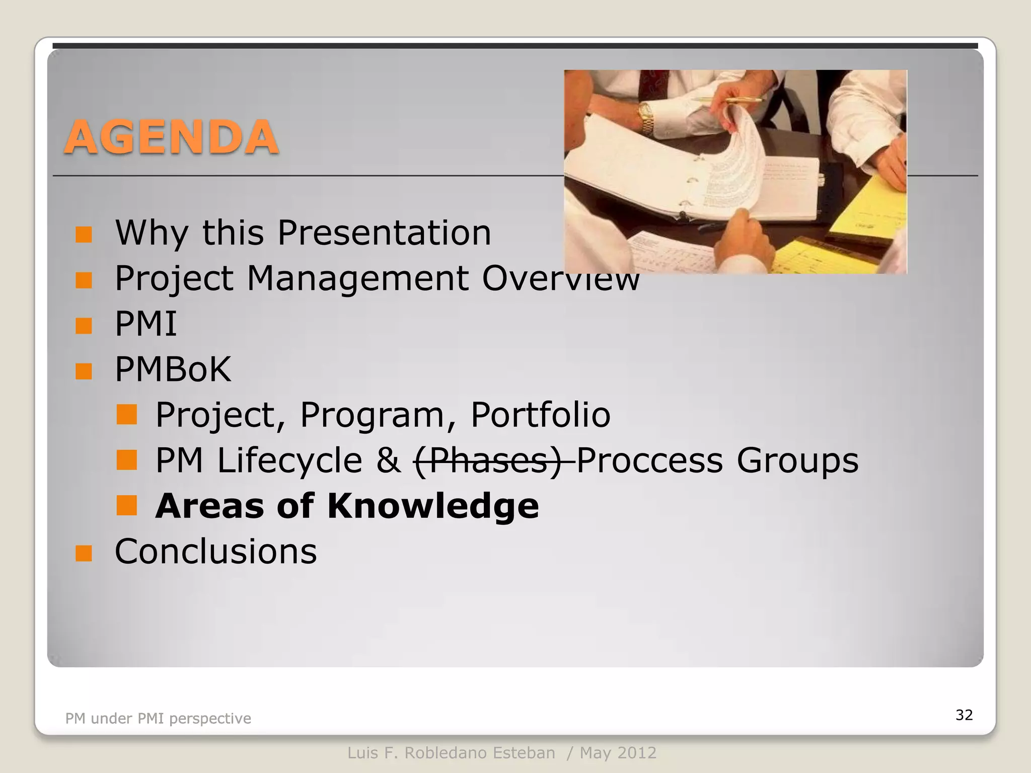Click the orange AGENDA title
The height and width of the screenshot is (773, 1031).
point(171,137)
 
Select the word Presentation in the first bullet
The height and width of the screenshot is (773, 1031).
point(384,233)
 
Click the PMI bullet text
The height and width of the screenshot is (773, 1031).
point(146,324)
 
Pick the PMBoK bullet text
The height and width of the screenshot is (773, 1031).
point(173,369)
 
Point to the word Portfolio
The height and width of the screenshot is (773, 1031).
point(540,415)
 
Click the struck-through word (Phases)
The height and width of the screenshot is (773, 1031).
point(487,460)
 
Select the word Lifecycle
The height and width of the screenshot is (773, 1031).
point(289,460)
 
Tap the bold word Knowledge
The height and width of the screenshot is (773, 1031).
point(433,506)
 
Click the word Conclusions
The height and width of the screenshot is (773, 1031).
point(216,552)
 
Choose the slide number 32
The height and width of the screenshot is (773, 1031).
point(964,715)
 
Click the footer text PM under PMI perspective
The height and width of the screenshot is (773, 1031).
point(158,718)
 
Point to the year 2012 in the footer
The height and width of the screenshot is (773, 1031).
point(637,753)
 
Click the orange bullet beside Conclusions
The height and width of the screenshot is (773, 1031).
point(84,553)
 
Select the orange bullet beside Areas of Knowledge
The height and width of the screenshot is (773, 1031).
point(126,506)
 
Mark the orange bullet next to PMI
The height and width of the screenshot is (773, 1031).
point(84,325)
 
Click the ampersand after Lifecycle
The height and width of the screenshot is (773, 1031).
point(388,460)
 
